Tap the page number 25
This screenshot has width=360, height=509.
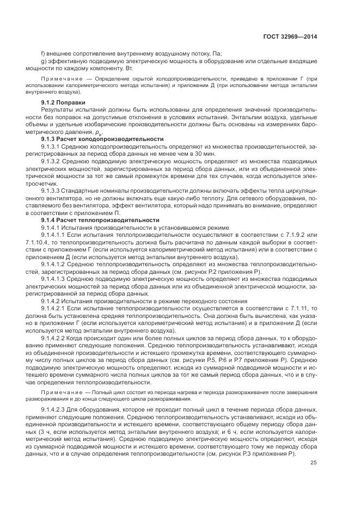pos(313,463)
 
